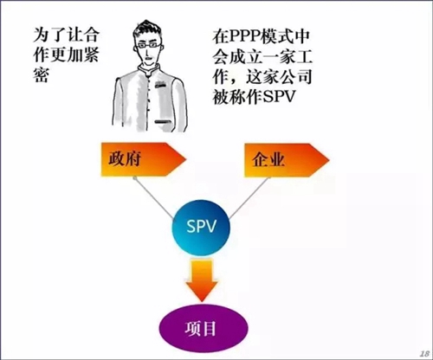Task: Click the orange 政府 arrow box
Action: (x=143, y=159)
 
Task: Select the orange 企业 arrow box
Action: (x=287, y=160)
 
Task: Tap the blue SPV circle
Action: (x=201, y=228)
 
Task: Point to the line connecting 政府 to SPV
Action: (x=153, y=197)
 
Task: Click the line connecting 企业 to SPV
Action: (x=249, y=197)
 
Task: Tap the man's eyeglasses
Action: (x=149, y=45)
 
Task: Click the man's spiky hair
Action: (x=147, y=29)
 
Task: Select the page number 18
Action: (x=424, y=353)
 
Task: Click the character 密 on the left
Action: (x=41, y=74)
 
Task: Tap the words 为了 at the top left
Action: (x=49, y=35)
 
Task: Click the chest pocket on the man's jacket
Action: (x=159, y=85)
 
